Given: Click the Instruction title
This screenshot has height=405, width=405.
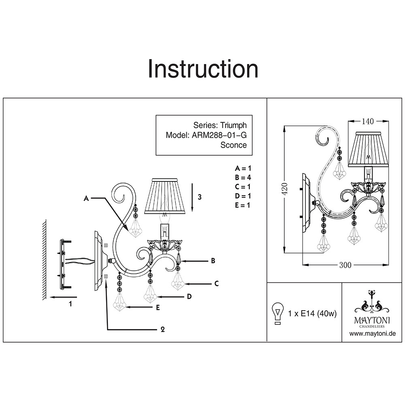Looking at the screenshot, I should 203,69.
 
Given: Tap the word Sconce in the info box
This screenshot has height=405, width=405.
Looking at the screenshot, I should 233,145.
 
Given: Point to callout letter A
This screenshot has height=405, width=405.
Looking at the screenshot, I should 85,198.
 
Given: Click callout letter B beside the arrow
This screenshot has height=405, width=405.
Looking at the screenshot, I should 213,261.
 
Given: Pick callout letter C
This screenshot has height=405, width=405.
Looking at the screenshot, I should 216,283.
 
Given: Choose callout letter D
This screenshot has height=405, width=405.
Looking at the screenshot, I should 189,297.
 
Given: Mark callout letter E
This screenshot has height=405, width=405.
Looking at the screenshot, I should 158,308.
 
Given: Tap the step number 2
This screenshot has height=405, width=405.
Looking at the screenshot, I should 162,329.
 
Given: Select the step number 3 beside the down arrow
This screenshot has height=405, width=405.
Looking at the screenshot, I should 199,197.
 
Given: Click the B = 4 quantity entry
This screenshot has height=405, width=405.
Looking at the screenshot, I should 243,177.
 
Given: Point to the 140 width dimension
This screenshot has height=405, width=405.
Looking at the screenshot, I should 368,121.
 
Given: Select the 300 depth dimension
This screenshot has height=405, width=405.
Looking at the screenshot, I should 345,265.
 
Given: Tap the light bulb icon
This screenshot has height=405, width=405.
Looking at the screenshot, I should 278,313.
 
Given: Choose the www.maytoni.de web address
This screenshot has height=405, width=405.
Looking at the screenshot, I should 372,334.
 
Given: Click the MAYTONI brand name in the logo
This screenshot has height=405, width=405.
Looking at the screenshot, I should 372,320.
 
